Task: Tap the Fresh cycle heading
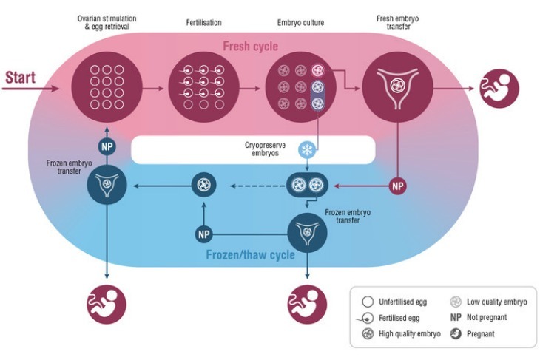251,47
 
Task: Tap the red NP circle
398,185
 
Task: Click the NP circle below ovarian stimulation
108,146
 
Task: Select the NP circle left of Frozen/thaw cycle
205,235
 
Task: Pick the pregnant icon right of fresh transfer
499,88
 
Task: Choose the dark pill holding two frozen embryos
307,185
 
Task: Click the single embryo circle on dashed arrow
204,185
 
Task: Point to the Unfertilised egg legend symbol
367,301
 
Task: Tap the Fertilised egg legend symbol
367,317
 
